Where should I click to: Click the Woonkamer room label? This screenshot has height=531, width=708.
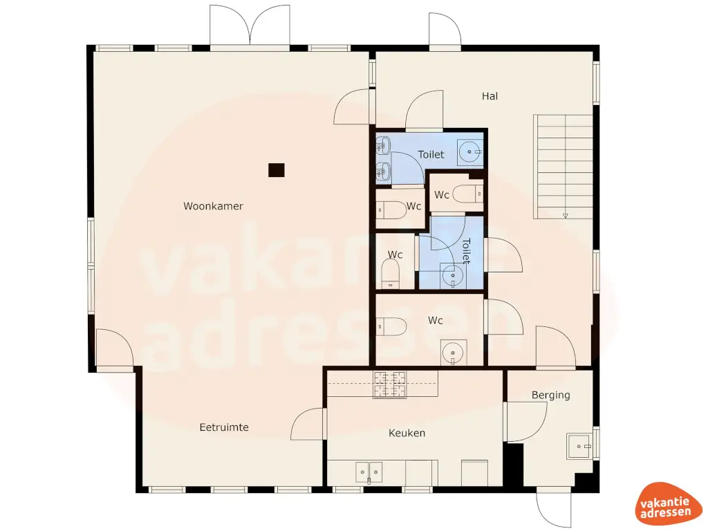click(213, 206)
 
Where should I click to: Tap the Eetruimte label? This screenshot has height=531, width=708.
click(224, 427)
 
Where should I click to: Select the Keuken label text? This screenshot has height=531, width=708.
click(407, 433)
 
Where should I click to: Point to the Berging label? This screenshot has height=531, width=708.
click(550, 395)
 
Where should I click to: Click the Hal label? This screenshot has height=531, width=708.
click(490, 96)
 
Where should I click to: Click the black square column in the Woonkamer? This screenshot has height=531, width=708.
click(277, 169)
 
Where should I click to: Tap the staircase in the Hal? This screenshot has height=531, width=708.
click(563, 166)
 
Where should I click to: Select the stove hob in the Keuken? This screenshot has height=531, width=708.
click(390, 384)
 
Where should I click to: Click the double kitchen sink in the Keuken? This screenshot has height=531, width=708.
click(369, 472)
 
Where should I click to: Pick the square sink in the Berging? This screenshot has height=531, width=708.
click(579, 446)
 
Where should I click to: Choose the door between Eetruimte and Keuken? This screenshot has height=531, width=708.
click(309, 424)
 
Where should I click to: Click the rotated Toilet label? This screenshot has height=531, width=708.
click(465, 251)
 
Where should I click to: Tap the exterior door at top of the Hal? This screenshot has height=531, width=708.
click(445, 30)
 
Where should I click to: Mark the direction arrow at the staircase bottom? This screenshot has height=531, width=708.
click(565, 216)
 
